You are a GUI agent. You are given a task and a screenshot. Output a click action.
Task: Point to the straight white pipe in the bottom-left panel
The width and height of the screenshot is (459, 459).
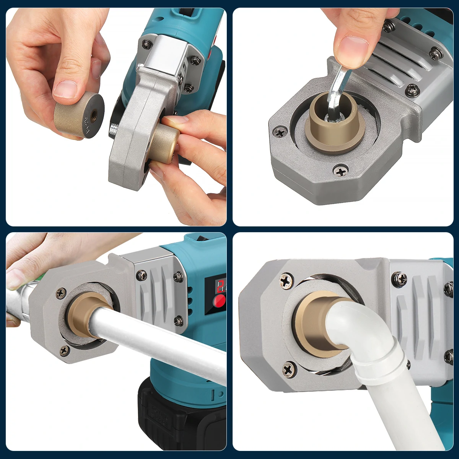point(161,333)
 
